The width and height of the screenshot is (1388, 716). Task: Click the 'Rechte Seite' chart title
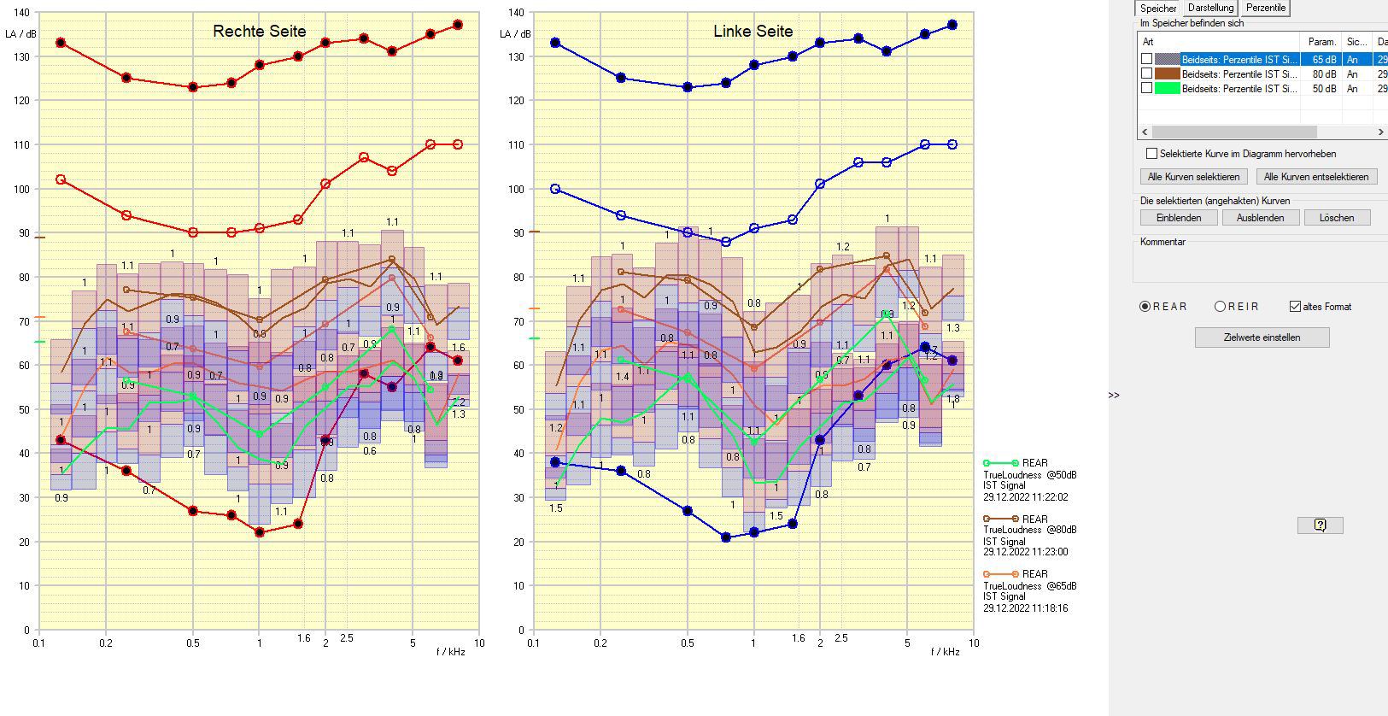pos(259,32)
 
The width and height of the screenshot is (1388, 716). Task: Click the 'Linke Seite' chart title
pos(753,32)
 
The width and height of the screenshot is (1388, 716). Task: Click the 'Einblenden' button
pos(1179,218)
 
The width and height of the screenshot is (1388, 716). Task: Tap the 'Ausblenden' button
pos(1260,218)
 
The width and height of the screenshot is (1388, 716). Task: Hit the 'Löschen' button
pos(1336,218)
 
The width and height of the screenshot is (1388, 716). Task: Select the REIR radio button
pos(1221,307)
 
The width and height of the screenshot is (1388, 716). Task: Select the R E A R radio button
pos(1145,307)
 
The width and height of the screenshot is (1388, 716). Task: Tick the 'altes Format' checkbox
pos(1296,307)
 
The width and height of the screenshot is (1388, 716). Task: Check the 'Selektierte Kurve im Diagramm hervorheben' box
pos(1152,154)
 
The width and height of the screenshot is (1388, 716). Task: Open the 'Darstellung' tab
pos(1210,8)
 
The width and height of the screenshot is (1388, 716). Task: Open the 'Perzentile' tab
pos(1265,8)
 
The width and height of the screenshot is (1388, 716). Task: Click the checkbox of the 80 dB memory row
pos(1147,74)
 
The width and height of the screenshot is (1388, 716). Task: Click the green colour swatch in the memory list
pos(1167,89)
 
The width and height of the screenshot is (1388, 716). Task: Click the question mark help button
pos(1320,525)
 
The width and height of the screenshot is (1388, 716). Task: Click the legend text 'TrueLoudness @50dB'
pos(1029,475)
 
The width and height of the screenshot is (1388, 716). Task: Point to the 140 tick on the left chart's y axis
pos(22,13)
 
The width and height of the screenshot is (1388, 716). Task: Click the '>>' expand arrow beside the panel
pos(1114,395)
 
